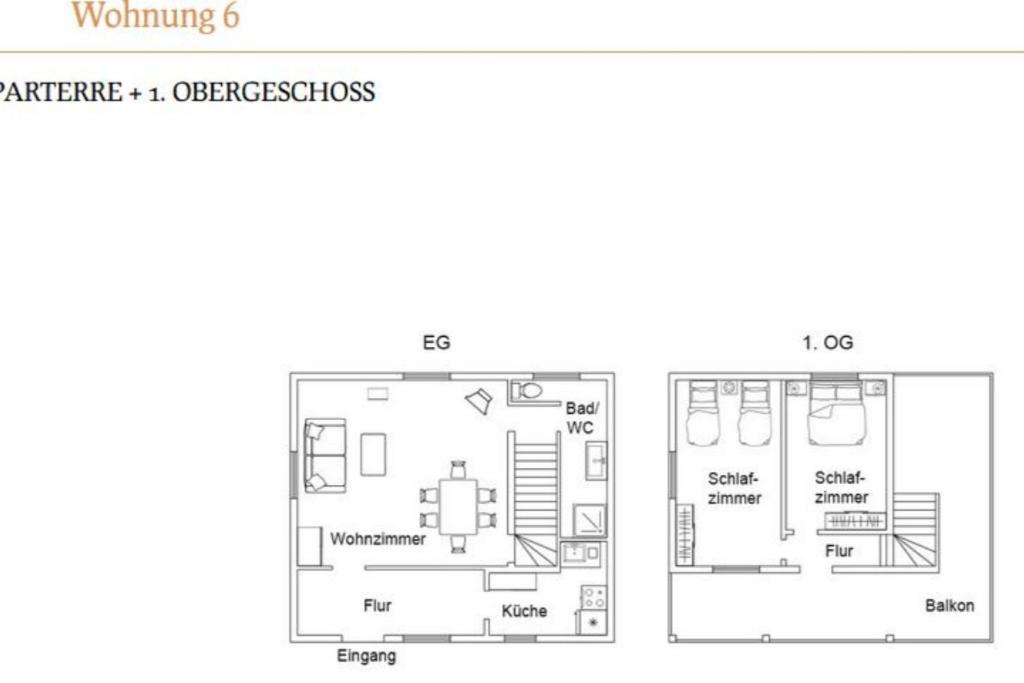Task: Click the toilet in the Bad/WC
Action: point(527,391)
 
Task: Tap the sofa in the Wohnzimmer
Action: point(325,456)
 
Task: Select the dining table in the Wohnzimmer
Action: point(458,507)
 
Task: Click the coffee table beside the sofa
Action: point(373,454)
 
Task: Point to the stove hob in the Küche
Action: point(594,597)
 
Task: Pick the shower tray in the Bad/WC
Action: point(590,520)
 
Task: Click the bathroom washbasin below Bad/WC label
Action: point(596,460)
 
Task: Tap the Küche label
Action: point(524,611)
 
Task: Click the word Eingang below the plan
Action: point(366,656)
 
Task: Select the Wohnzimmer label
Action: point(377,539)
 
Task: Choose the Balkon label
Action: point(950,605)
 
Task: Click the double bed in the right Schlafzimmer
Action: point(835,414)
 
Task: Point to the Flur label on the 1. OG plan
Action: point(839,551)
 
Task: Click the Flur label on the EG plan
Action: point(377,606)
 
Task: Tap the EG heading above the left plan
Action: point(436,343)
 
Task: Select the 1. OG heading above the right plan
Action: point(827,343)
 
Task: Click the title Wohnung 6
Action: point(155,16)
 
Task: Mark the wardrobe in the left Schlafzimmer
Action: point(684,533)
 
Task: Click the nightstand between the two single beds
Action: point(729,388)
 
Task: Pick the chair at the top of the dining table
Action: point(458,469)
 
